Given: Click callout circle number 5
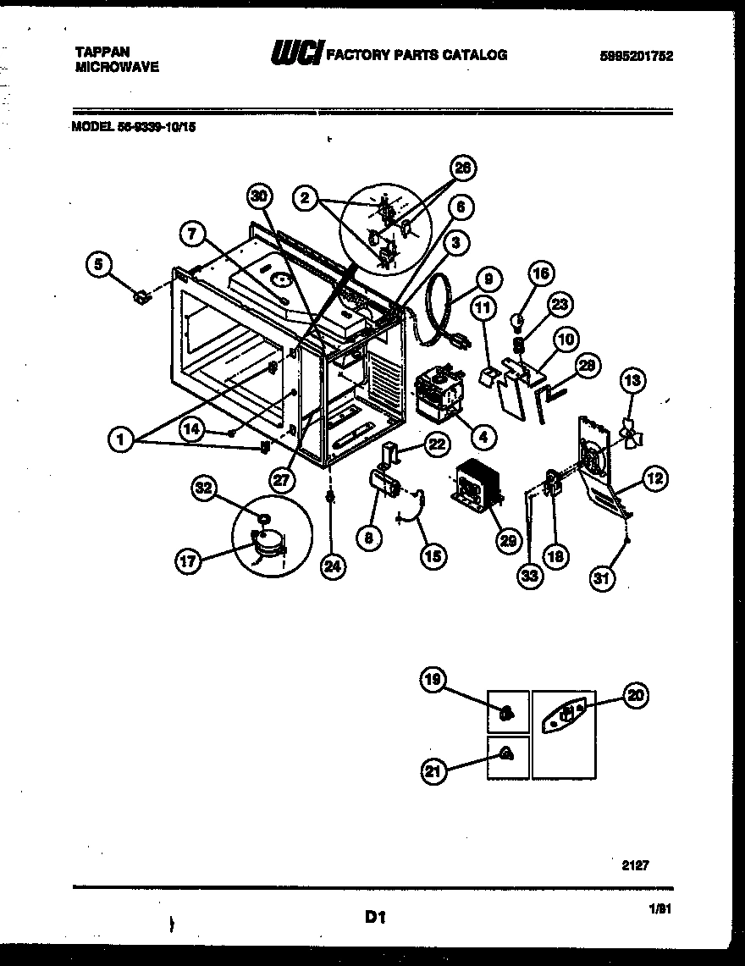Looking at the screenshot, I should point(99,265).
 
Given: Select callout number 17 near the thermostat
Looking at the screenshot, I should point(188,560).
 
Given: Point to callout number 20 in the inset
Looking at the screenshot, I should point(634,696).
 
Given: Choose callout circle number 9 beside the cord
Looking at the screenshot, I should point(488,279).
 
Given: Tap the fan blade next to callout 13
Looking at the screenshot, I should point(631,433).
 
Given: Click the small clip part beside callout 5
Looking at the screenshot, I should point(141,296).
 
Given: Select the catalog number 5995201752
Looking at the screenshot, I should point(641,55).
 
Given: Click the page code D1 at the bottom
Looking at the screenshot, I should point(376,915).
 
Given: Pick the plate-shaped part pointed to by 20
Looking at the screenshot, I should point(565,715).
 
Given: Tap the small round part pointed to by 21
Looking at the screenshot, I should point(505,754).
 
